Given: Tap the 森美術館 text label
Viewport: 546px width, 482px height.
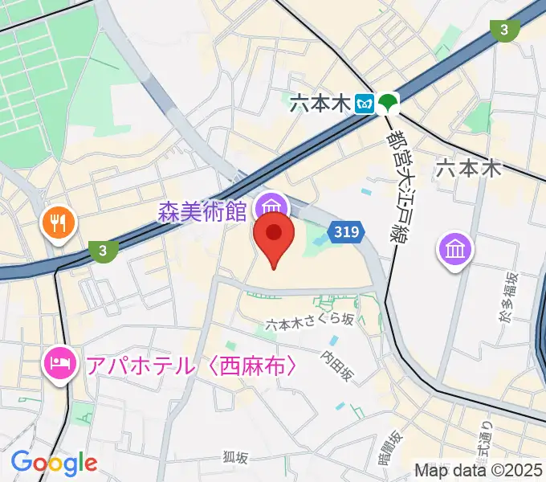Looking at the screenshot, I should pos(202,212).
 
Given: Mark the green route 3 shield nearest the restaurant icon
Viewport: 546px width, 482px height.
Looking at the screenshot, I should pos(102,251).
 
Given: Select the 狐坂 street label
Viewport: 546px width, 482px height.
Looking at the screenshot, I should pos(235,457).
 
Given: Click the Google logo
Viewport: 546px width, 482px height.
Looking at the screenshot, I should pos(54,463).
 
